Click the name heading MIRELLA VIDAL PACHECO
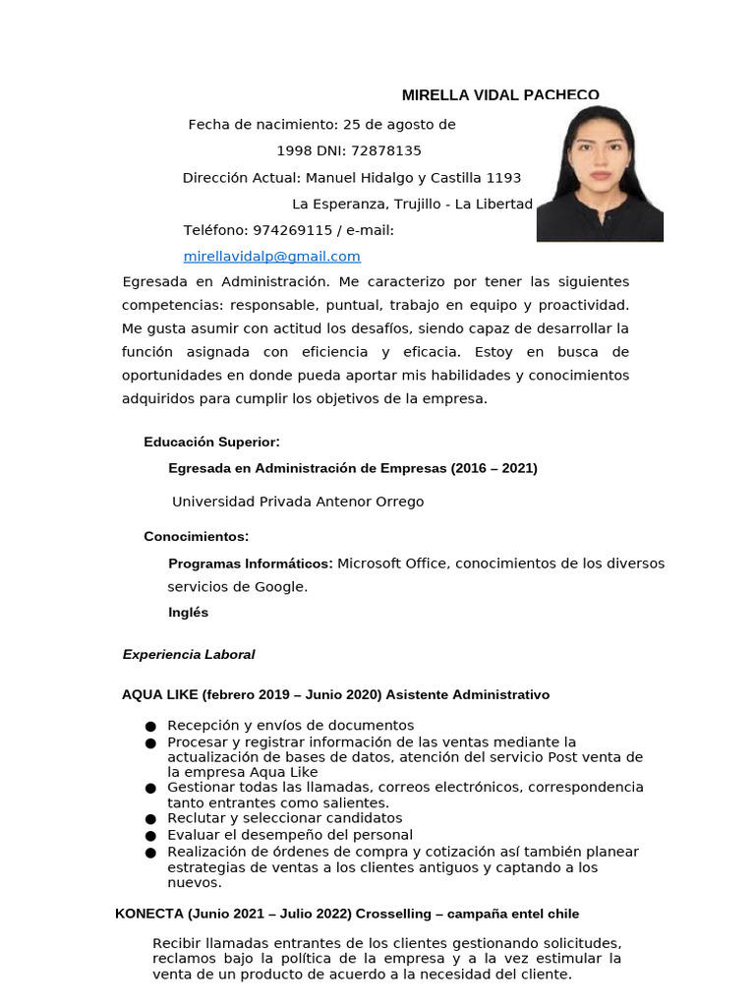click(500, 95)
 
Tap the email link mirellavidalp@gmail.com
click(271, 257)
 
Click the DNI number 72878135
click(385, 150)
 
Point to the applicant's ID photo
click(600, 174)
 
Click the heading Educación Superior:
click(211, 443)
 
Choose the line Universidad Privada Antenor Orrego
click(298, 502)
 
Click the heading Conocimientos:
click(196, 537)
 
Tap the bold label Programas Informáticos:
click(251, 563)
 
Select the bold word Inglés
click(188, 613)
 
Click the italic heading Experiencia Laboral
click(188, 655)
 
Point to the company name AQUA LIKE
click(159, 695)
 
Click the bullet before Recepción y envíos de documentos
click(150, 727)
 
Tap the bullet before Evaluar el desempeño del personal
click(150, 835)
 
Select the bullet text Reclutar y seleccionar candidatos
click(284, 818)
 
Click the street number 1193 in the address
click(503, 178)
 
